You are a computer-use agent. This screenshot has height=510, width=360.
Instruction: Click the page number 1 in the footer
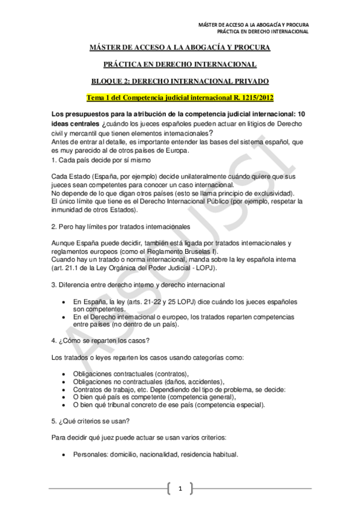click(x=180, y=488)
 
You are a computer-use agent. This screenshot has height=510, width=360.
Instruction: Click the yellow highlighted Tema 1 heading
click(x=180, y=97)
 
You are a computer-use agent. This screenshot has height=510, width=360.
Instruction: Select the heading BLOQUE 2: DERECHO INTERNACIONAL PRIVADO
click(x=180, y=81)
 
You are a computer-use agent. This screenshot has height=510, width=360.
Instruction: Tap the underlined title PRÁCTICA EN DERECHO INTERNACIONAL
click(x=180, y=64)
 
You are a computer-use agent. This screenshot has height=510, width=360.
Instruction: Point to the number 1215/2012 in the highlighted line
click(x=252, y=97)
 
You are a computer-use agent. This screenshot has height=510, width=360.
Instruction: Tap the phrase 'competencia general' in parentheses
click(x=201, y=396)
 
